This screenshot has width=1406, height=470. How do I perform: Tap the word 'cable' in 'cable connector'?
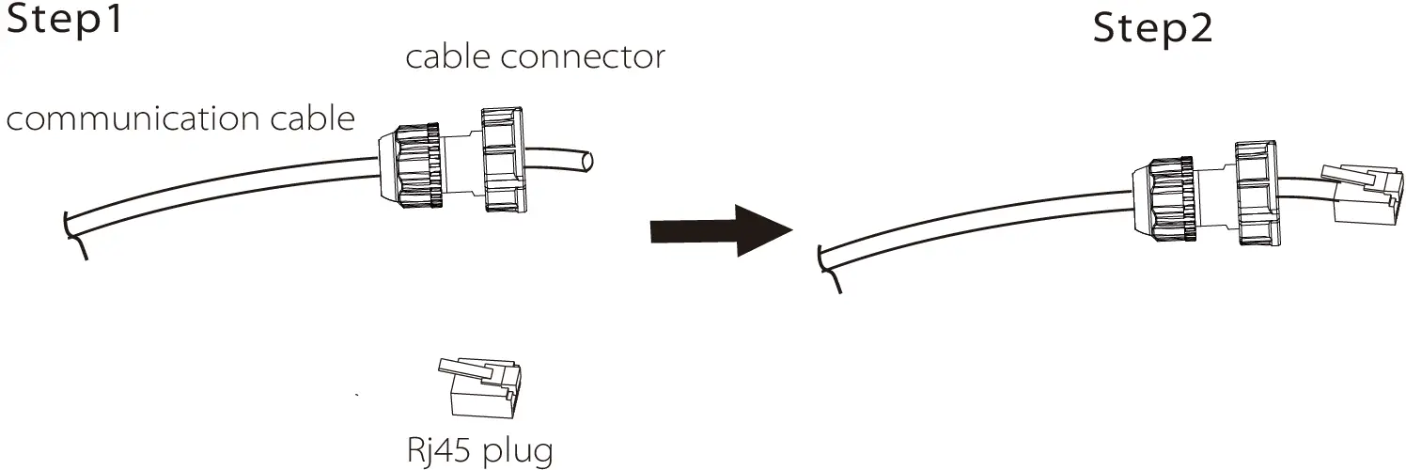coord(448,57)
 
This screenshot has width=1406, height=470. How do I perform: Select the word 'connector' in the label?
coord(584,57)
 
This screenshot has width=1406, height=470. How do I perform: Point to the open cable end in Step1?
coord(586,163)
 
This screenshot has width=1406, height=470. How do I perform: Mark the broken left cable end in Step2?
coord(829,267)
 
